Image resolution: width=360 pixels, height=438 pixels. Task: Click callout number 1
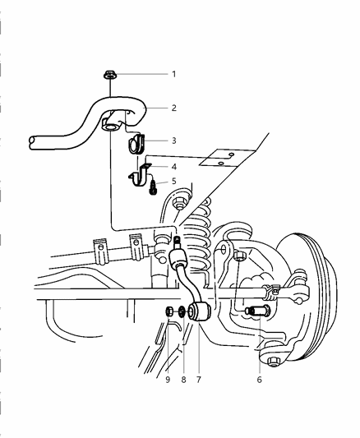click(173, 74)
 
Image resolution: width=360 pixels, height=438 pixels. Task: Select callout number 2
click(173, 107)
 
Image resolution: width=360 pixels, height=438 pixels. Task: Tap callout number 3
click(173, 141)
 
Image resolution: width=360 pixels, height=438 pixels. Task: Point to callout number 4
click(173, 166)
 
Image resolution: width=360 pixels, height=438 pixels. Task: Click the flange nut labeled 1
click(110, 76)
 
